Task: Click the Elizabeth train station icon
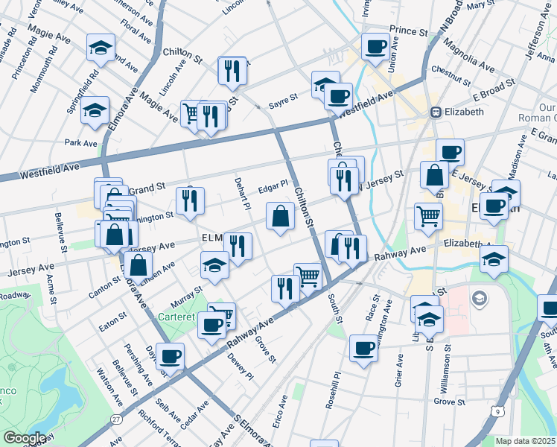coord(436,112)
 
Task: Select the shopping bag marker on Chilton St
coord(280,217)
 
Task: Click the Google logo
coord(25,437)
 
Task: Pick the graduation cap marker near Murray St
coord(214,266)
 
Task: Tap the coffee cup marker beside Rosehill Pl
coord(363,348)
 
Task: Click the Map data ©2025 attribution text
coord(525,441)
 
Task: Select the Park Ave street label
coord(81,142)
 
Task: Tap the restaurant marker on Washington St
coord(190,200)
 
